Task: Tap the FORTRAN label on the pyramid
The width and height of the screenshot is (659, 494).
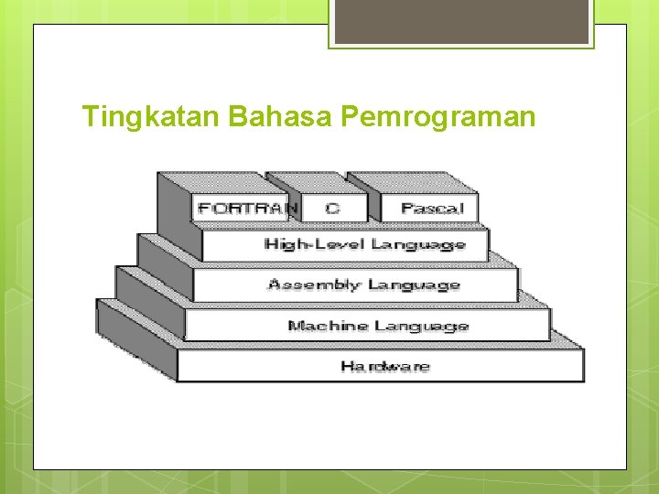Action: point(245,209)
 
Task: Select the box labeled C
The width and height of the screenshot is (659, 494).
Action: point(333,209)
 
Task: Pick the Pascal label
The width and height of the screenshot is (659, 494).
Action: point(431,209)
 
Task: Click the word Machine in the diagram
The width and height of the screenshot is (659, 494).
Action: point(322,326)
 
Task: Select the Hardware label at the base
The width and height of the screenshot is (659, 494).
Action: point(384,367)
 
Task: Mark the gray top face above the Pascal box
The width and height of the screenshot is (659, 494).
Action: point(411,182)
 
